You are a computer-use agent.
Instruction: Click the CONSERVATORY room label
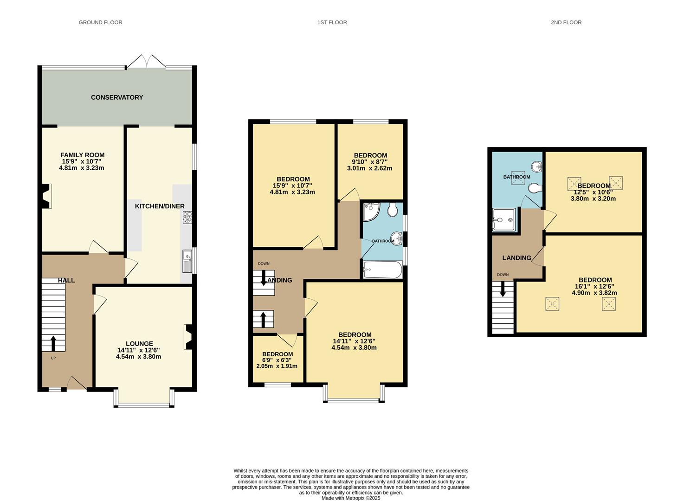(x=117, y=97)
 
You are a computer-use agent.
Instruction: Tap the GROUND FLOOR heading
(x=100, y=22)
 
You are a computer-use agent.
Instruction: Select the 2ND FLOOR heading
(x=566, y=22)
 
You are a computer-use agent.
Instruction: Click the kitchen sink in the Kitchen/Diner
(x=187, y=261)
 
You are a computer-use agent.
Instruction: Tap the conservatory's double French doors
(x=146, y=62)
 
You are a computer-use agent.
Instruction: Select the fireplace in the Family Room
(x=45, y=196)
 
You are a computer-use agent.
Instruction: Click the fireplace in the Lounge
(x=189, y=337)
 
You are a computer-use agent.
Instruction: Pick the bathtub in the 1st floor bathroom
(x=382, y=270)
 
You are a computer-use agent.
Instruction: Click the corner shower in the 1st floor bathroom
(x=371, y=212)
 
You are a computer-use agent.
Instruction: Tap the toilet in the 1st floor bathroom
(x=392, y=211)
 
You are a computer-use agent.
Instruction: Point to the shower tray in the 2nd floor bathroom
(x=504, y=219)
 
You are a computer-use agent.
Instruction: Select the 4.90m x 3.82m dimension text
(x=594, y=293)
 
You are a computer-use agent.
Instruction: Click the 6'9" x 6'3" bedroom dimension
(x=277, y=360)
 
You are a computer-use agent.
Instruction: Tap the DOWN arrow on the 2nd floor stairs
(x=503, y=289)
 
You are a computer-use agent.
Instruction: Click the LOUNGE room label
(x=139, y=344)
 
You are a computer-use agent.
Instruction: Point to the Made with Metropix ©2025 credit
(x=351, y=498)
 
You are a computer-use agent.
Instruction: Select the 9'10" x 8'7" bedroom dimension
(x=370, y=162)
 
